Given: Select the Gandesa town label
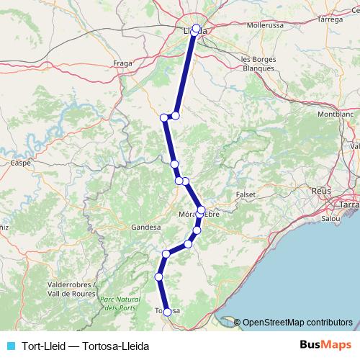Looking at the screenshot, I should [145, 227].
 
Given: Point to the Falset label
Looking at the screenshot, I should [246, 195].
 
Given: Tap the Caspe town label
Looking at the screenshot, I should [19, 163].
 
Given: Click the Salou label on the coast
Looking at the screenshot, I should [330, 217].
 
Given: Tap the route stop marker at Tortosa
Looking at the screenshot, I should [168, 312].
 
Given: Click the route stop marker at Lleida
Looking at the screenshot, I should [196, 29].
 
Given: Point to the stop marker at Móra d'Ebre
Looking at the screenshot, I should [201, 210].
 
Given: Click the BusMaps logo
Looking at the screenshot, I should [325, 346].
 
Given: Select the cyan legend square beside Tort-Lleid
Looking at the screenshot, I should [10, 346].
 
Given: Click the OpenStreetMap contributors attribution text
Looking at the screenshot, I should [297, 322].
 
